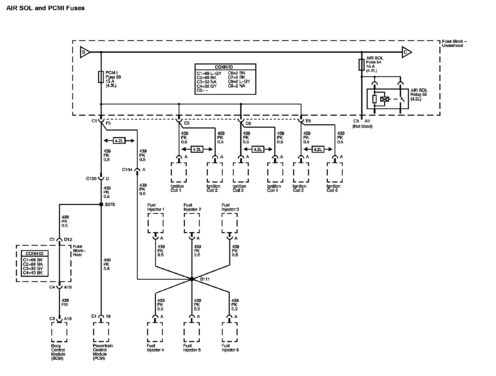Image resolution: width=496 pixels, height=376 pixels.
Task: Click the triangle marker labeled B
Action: point(84,52)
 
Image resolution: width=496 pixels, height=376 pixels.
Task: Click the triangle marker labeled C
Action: point(406,52)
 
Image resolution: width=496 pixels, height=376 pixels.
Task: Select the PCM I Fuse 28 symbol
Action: point(101,77)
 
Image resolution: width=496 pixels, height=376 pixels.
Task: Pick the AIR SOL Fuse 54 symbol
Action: point(361,65)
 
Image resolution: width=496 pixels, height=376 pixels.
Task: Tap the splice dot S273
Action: point(101,204)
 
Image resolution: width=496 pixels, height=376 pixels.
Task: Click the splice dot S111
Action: point(192,279)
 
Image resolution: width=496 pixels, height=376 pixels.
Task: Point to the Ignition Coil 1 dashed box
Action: point(179,172)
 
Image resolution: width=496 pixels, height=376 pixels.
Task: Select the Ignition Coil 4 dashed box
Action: point(275,172)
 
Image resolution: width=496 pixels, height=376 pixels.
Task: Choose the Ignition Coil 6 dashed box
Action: point(335,172)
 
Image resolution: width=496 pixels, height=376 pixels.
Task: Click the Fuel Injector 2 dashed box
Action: point(192,223)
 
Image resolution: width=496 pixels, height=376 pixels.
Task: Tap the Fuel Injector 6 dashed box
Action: point(230,332)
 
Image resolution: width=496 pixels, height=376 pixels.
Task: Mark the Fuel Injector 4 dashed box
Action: point(155,332)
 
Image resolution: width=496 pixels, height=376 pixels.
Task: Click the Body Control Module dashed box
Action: point(59,332)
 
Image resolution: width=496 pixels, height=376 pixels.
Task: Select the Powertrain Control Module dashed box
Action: point(101,332)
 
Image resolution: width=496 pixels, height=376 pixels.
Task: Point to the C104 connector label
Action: point(127,170)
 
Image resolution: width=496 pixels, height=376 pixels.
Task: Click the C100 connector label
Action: point(91,179)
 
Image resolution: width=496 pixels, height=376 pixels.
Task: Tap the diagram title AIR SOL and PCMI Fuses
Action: point(45,8)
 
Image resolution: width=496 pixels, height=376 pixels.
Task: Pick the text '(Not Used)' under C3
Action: point(362,126)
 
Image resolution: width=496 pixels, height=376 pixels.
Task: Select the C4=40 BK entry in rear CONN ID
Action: point(33,273)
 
